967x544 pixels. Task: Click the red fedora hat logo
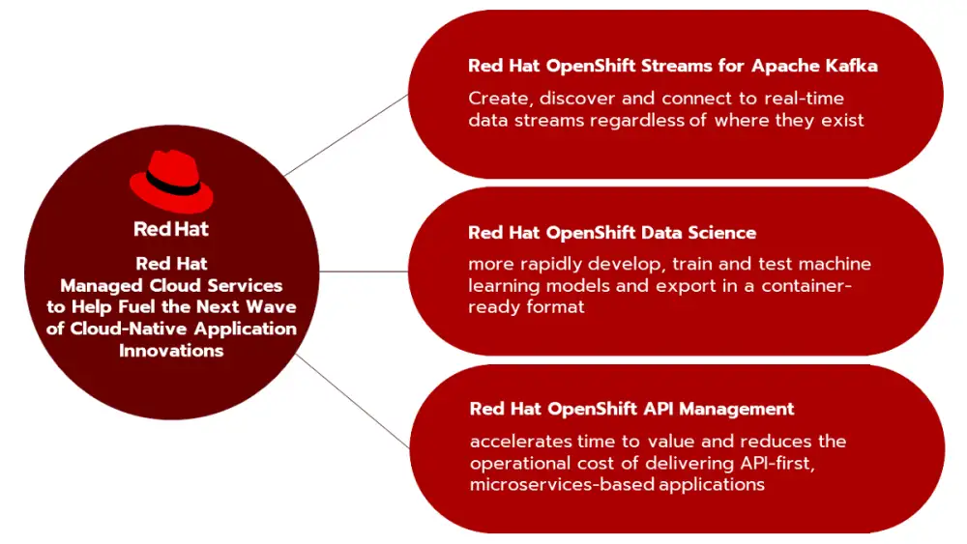[171, 181]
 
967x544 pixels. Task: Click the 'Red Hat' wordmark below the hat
[171, 229]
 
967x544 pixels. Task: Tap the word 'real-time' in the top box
[805, 98]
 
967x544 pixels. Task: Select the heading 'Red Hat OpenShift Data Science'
[612, 232]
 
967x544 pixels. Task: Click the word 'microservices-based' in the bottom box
[562, 484]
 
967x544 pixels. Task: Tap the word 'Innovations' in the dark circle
[171, 351]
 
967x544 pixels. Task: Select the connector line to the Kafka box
[346, 135]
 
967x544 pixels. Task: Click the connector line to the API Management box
[353, 401]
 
